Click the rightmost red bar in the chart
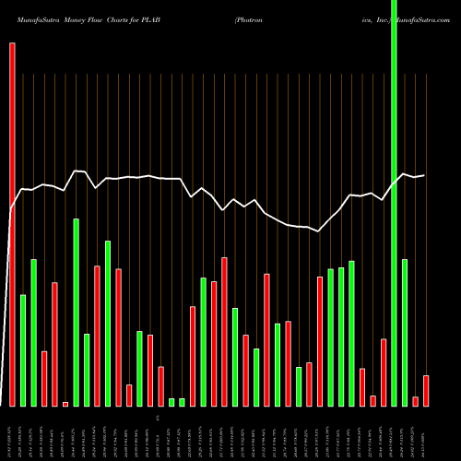pos(426,390)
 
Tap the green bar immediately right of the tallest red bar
pos(23,350)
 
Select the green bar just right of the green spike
pos(405,332)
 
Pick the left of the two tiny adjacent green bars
pos(171,401)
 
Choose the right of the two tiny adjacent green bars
pos(182,401)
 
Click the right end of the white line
pos(424,175)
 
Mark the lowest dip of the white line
pos(318,231)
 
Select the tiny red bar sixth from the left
pos(65,404)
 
